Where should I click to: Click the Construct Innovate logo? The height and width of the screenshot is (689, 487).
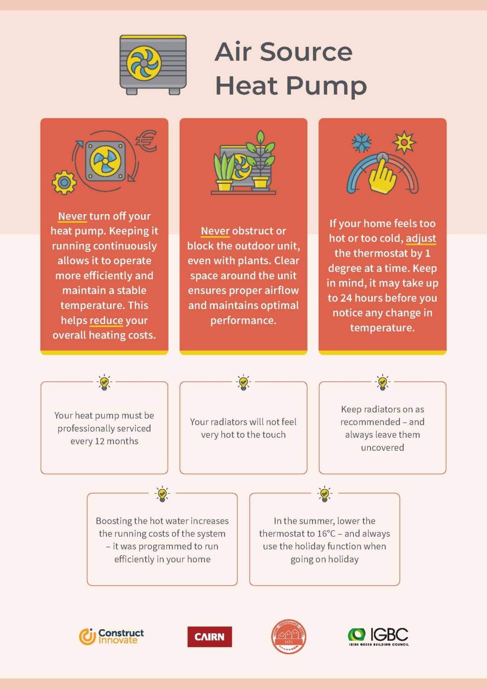point(111,636)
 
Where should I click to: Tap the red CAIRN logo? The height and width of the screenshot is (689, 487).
point(210,637)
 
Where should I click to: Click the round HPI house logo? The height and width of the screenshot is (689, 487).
point(288,637)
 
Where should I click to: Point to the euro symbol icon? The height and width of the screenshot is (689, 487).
point(147,141)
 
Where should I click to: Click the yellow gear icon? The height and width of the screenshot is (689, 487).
point(64,182)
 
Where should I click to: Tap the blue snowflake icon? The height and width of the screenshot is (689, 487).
point(362,142)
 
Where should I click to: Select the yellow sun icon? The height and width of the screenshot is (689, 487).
point(404,142)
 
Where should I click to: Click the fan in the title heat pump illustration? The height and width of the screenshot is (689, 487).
point(144,63)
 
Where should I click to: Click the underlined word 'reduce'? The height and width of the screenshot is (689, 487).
point(106,320)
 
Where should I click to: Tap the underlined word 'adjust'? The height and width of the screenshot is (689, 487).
point(421,238)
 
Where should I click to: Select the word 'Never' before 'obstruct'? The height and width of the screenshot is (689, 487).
point(215,231)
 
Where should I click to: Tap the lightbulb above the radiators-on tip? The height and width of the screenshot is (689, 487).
point(382,382)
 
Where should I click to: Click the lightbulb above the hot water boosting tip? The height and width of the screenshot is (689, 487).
point(162,494)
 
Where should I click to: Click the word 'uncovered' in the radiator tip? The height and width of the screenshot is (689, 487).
point(382,447)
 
